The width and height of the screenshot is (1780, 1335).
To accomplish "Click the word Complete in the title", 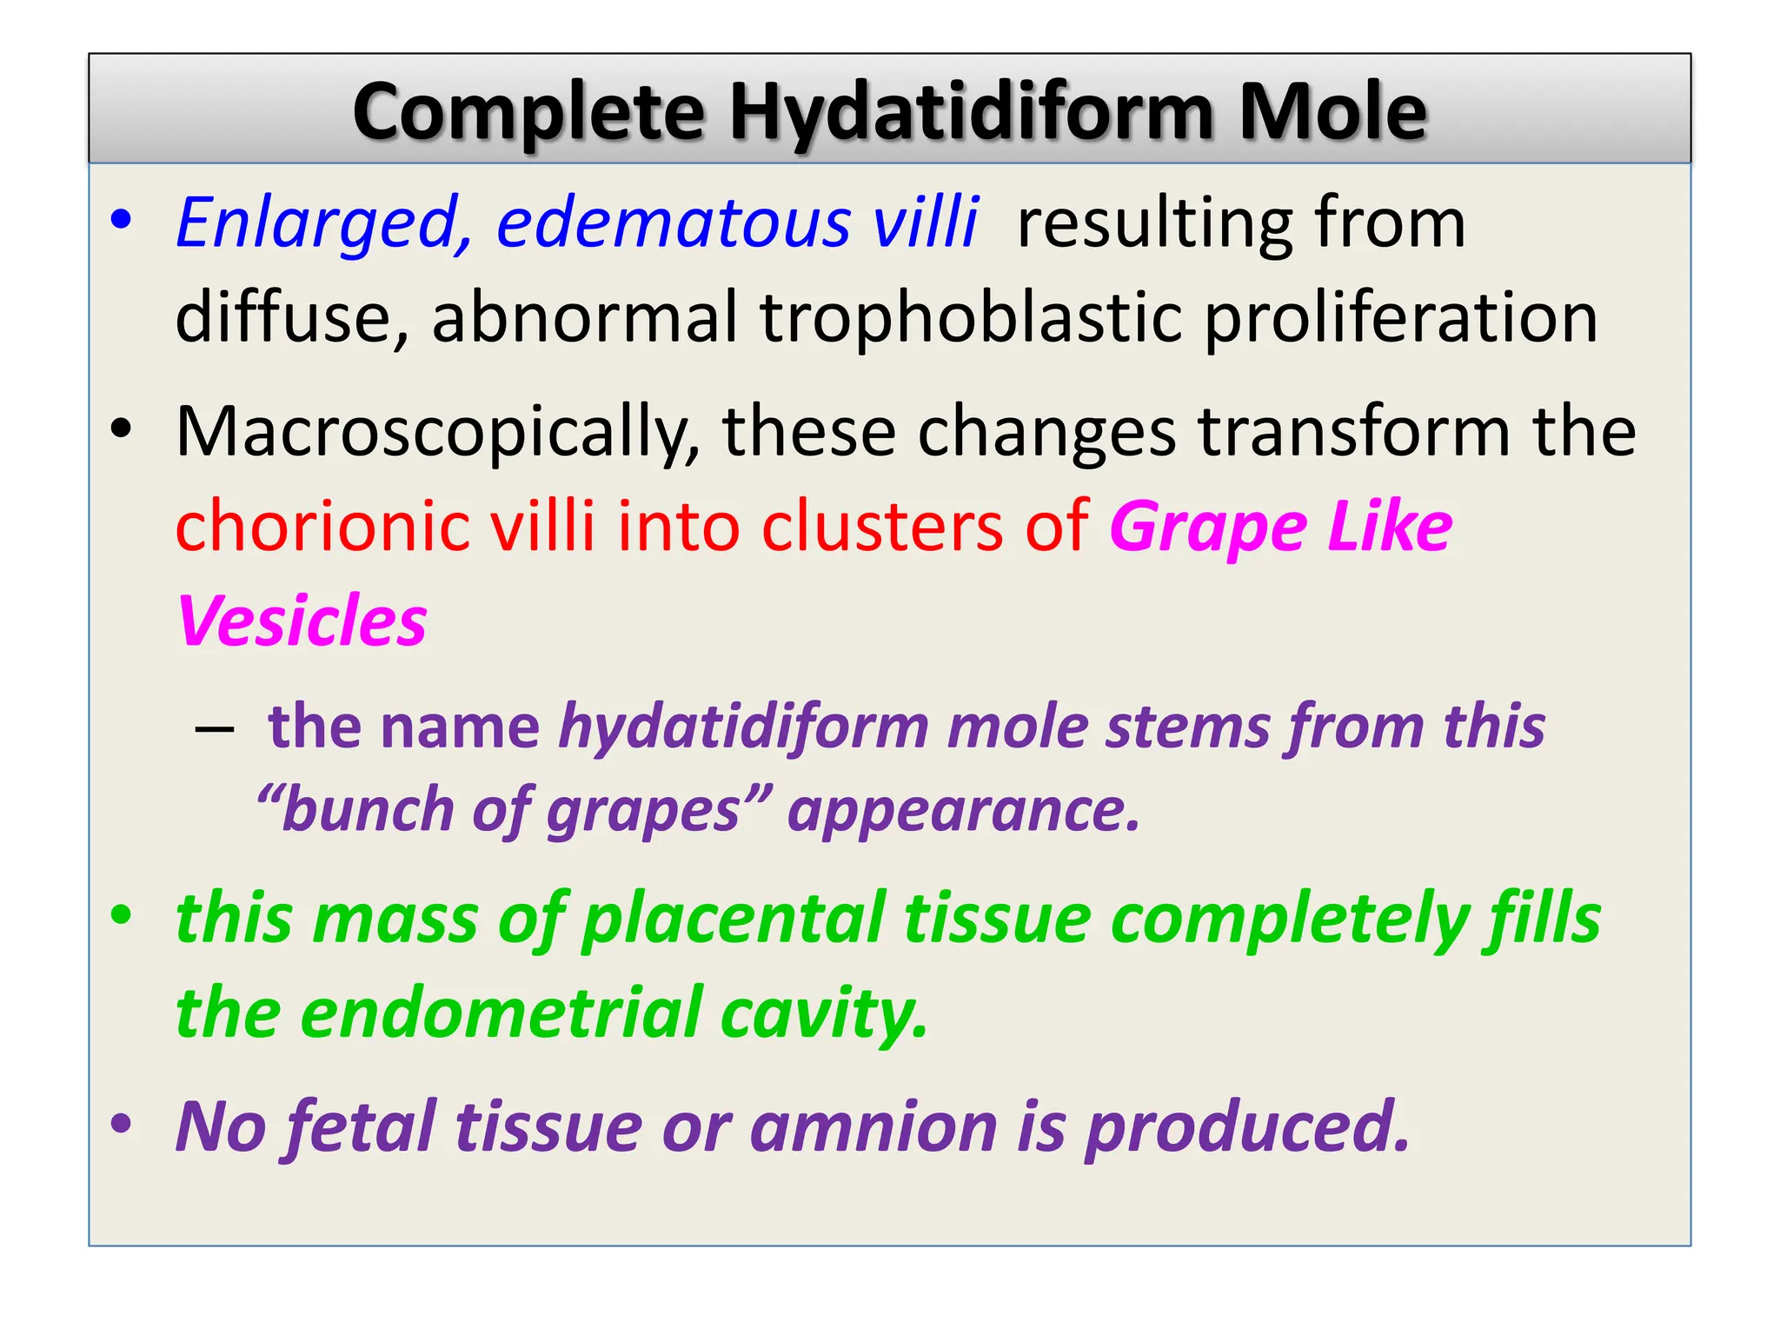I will coord(528,113).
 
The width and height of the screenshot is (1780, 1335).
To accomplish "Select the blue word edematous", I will coord(674,223).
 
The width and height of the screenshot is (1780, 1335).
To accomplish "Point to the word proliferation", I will coord(1400,317).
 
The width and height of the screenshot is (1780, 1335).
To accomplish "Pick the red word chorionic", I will coord(322,527).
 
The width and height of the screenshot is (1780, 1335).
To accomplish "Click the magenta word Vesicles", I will coord(302,621).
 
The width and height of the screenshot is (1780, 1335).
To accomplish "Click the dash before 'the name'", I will coord(215,728).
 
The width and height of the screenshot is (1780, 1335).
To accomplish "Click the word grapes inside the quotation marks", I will coord(643,811).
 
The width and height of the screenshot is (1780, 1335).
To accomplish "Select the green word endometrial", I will coord(500,1013).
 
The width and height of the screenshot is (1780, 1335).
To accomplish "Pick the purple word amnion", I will coord(873,1127).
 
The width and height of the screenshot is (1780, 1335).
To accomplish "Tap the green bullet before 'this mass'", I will coord(122,915).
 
